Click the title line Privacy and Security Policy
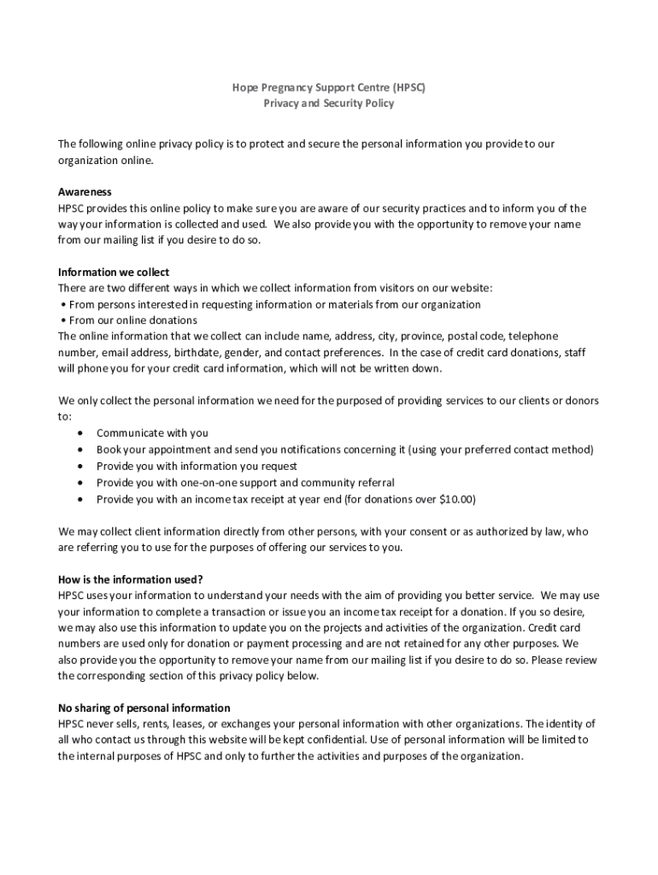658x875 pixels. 328,103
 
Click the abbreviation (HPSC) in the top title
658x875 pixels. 409,87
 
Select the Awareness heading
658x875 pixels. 85,191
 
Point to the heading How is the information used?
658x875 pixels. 130,578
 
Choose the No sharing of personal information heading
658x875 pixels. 144,708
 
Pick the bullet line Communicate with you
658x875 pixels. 152,433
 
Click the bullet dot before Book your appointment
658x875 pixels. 80,450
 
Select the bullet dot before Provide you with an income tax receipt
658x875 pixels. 80,499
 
